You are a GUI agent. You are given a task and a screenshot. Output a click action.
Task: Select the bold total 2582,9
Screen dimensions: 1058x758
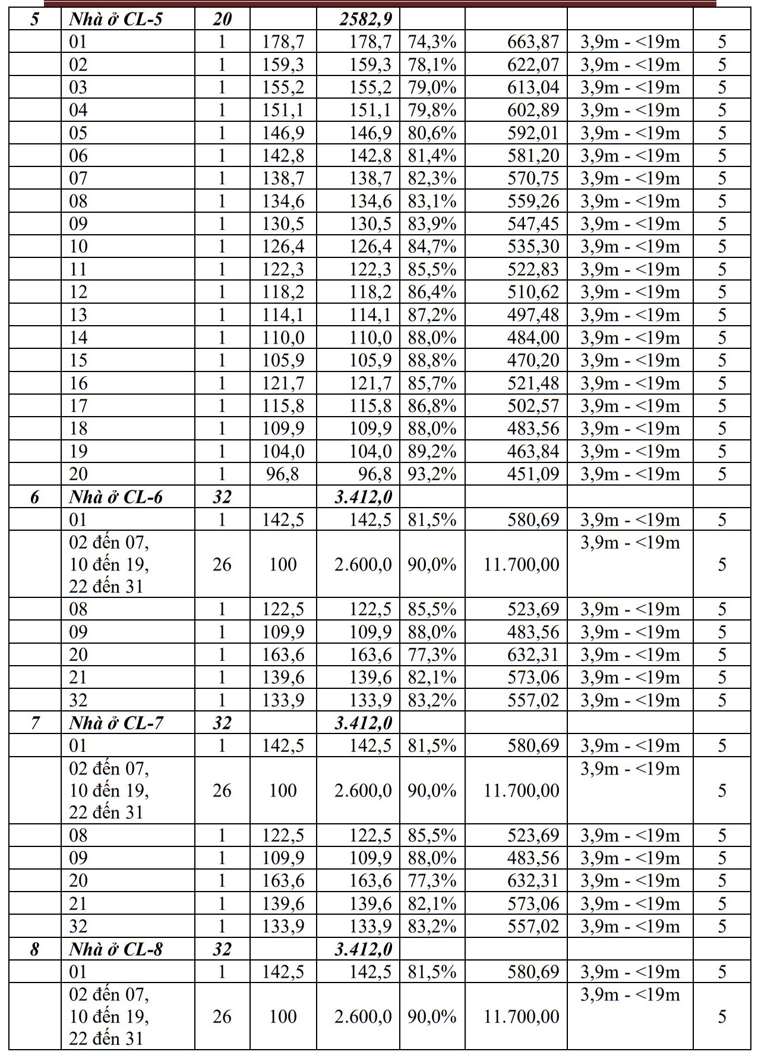coord(365,20)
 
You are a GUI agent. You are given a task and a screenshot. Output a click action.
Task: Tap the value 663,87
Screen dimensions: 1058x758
coord(533,42)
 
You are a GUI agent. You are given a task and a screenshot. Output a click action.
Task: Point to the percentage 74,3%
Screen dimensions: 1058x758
coord(432,42)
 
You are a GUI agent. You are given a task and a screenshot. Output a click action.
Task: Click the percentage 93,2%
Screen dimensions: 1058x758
coord(432,474)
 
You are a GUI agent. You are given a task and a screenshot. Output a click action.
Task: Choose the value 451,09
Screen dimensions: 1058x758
coord(533,474)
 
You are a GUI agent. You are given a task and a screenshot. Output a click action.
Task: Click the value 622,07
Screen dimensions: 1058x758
coord(533,65)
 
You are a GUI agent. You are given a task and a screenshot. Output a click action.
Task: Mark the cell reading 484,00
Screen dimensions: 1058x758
coord(533,338)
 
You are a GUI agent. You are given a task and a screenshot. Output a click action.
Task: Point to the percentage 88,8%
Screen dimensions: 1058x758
coord(432,360)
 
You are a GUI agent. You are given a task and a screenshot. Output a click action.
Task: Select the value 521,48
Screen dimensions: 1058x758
coord(533,383)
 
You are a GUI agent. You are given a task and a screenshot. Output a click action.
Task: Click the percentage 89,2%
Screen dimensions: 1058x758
coord(432,452)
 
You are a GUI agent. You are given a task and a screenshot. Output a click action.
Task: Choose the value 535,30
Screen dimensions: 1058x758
coord(533,247)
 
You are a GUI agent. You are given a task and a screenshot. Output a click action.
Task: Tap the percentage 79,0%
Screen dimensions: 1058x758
coord(432,87)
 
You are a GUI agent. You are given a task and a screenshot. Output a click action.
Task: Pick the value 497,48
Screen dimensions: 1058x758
coord(533,315)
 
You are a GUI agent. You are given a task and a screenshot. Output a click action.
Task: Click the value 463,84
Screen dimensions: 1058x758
coord(533,452)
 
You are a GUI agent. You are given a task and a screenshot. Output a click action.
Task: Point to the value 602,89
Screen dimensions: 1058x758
coord(533,111)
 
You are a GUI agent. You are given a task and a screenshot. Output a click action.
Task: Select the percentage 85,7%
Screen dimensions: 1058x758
coord(432,383)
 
